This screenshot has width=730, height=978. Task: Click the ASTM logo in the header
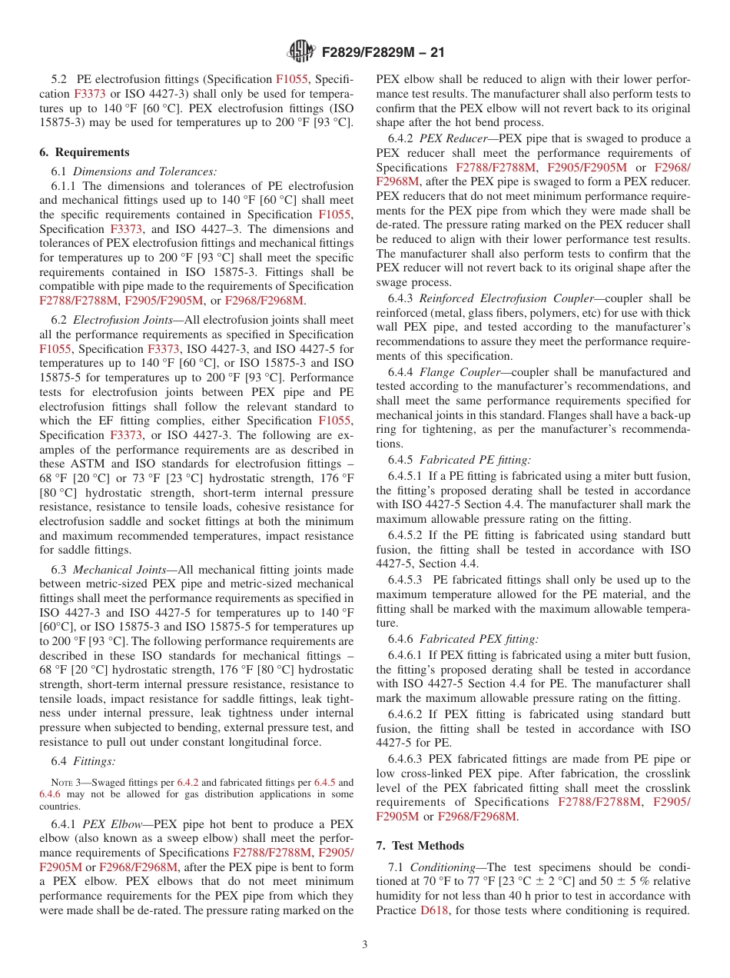(300, 52)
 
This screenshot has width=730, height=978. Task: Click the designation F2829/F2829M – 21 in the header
(382, 52)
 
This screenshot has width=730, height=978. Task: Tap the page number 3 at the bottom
(365, 944)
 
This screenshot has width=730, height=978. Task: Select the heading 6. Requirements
(85, 151)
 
